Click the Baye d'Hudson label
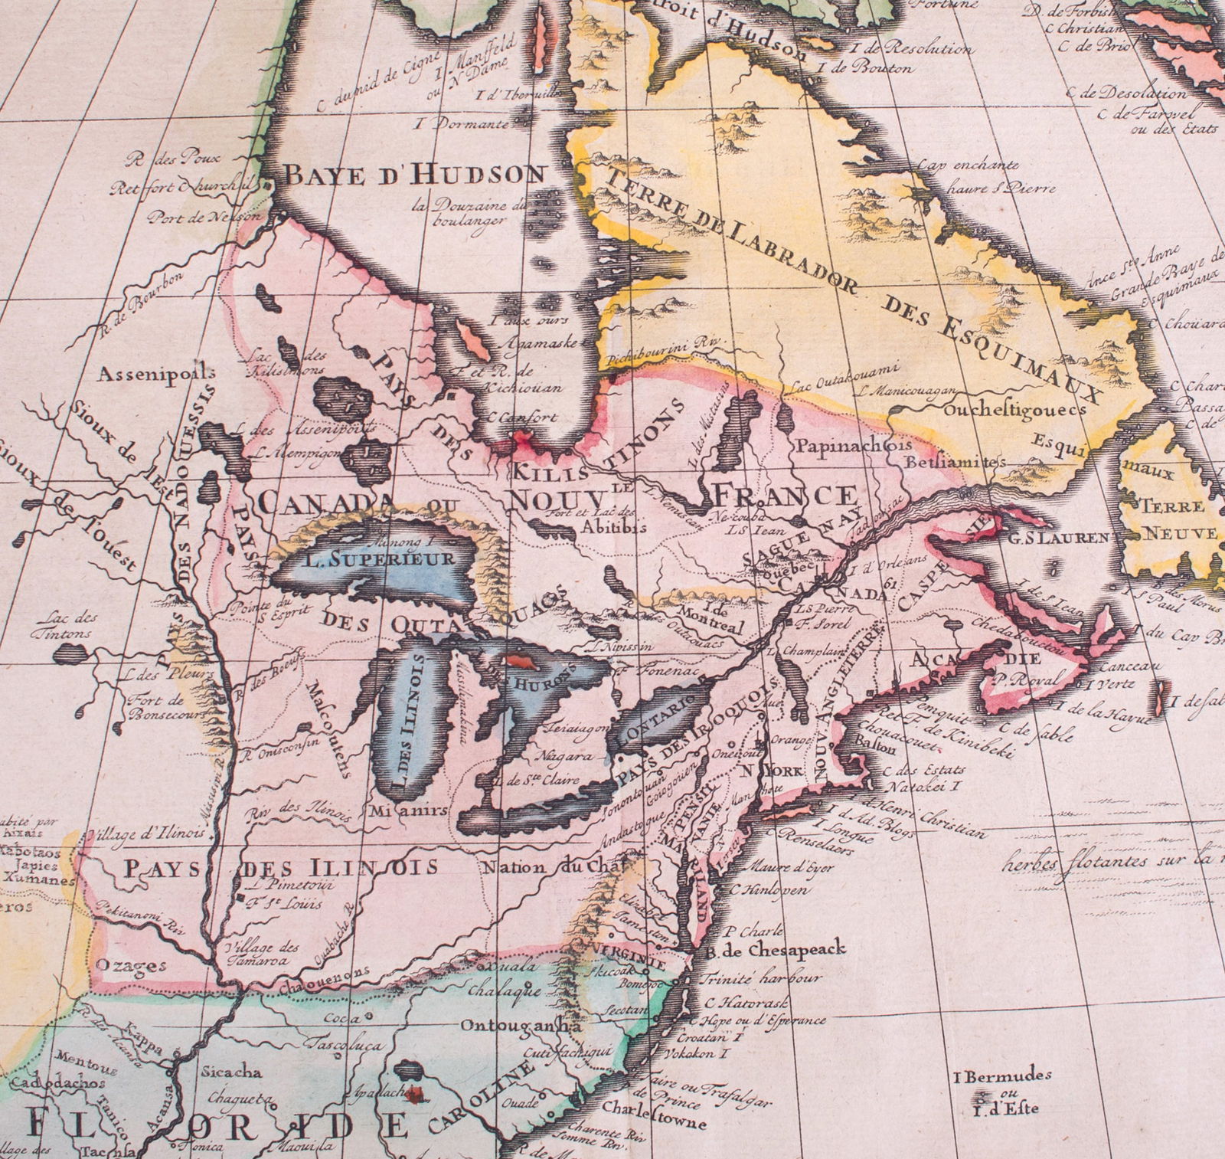pyautogui.click(x=414, y=175)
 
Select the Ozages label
pyautogui.click(x=135, y=966)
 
